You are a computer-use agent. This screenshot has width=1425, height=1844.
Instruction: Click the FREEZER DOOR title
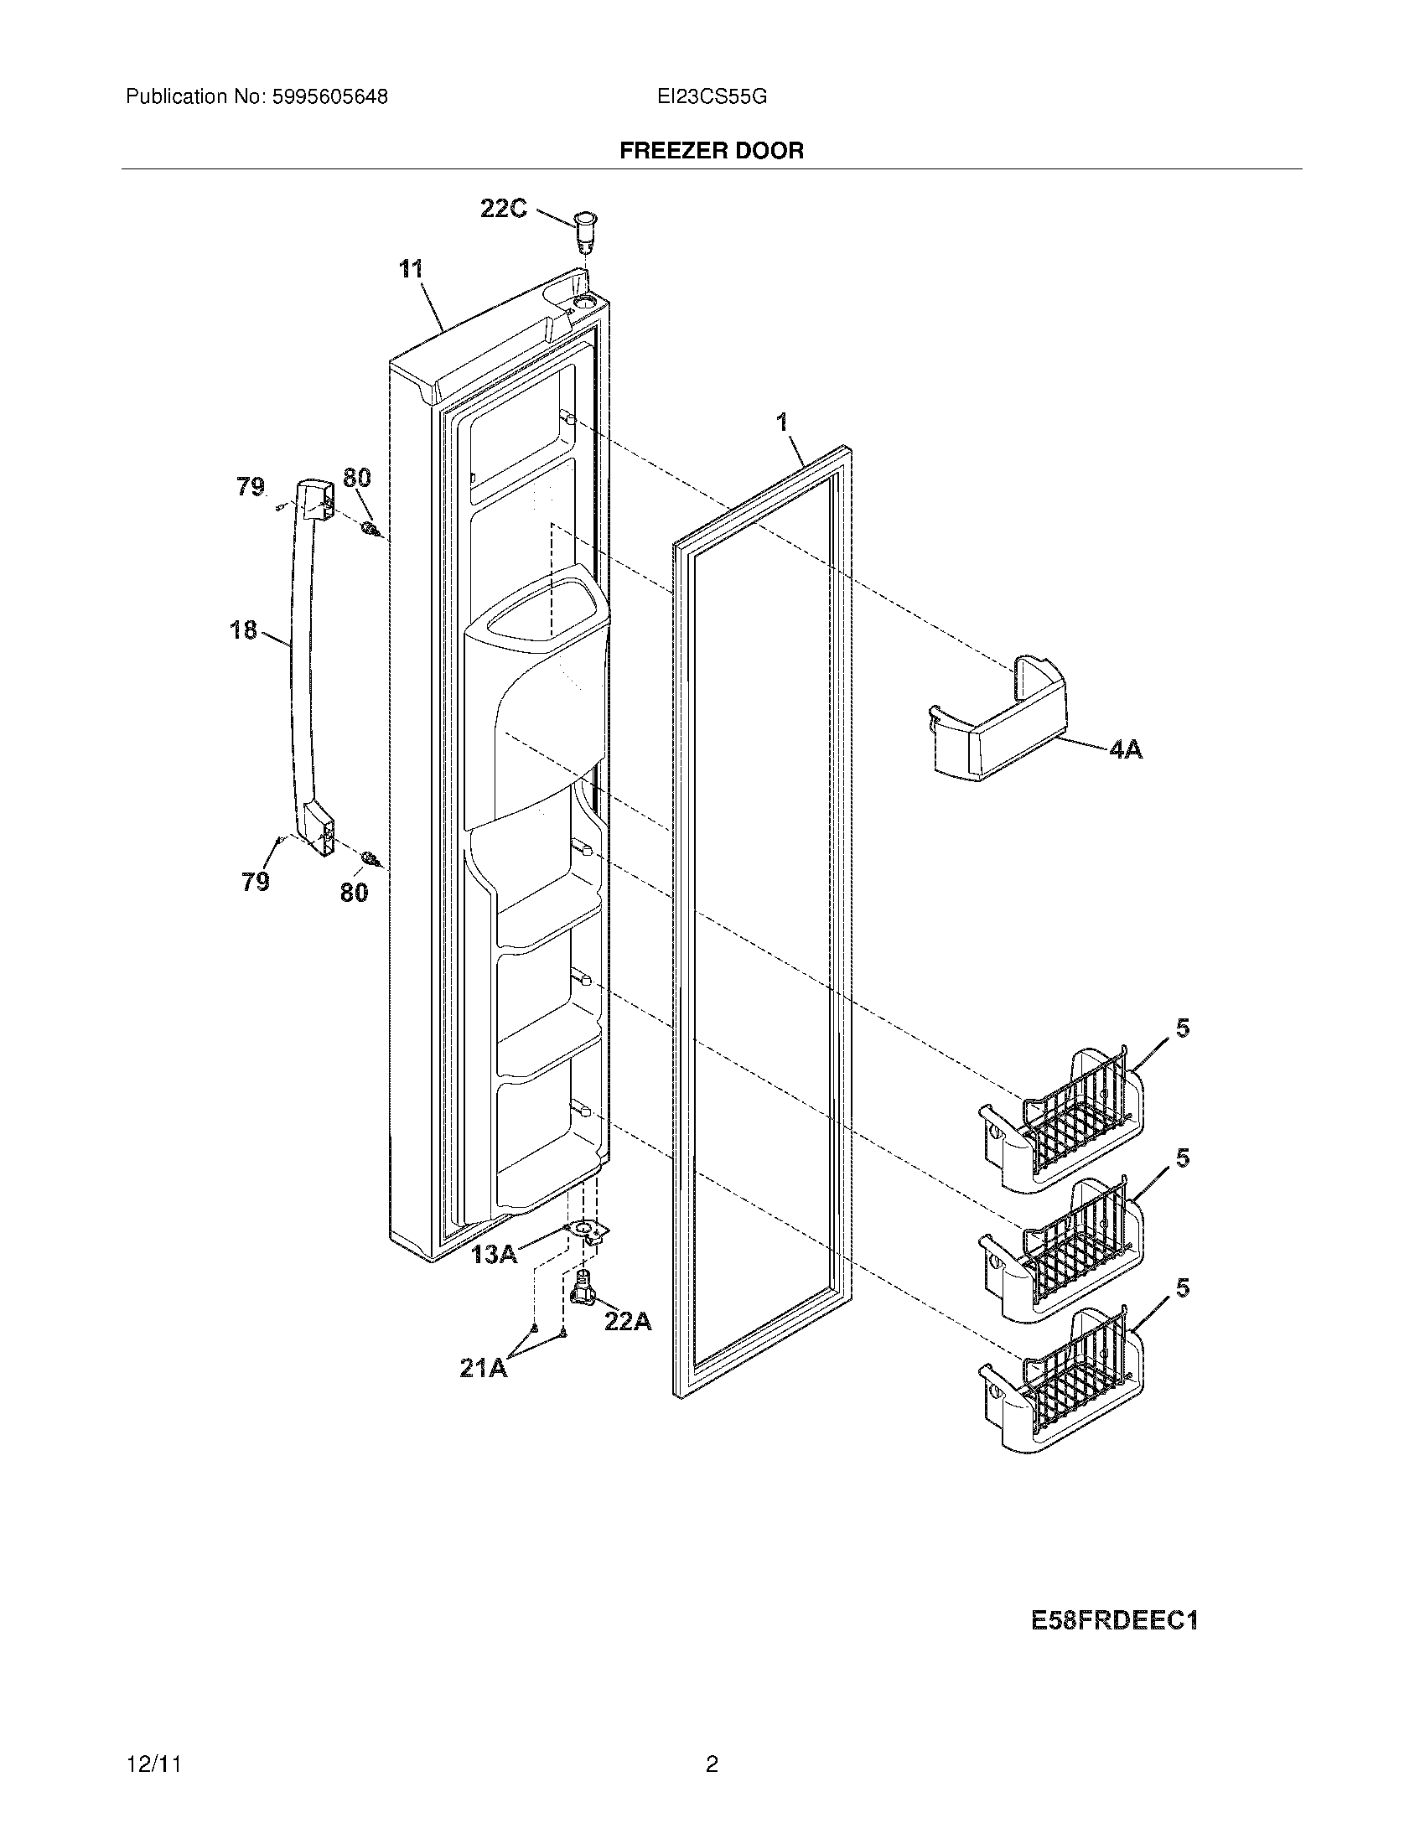[712, 151]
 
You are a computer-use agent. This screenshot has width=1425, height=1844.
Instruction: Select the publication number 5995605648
[329, 97]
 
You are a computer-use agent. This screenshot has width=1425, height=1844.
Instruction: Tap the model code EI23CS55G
[712, 97]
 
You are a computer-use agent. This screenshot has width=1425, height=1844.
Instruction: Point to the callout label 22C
[504, 208]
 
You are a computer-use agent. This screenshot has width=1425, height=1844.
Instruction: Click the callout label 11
[411, 269]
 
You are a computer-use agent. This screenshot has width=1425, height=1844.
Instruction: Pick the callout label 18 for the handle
[244, 629]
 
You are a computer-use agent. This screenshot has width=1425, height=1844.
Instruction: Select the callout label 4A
[1125, 748]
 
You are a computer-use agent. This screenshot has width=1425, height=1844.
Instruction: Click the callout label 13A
[495, 1255]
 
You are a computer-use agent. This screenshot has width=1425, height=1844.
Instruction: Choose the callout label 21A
[484, 1368]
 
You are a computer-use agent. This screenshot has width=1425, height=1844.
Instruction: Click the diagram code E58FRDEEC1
[1114, 1621]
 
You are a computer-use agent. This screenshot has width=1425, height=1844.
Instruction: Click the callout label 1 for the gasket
[783, 422]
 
